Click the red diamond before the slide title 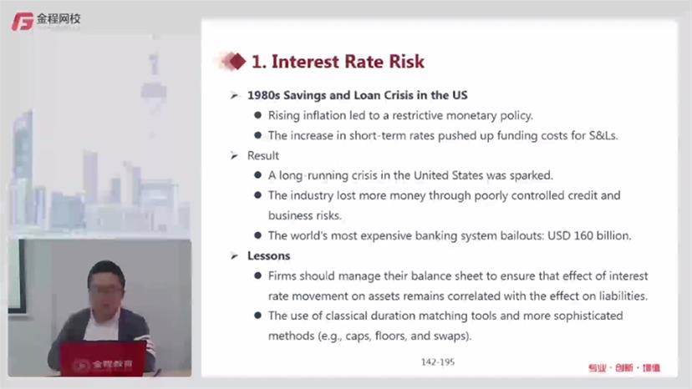click(x=237, y=61)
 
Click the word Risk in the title click(x=406, y=61)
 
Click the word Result click(x=263, y=156)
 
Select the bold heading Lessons click(x=269, y=255)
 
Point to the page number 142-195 click(x=438, y=362)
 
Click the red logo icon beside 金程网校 click(x=23, y=21)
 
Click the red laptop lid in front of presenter click(x=104, y=359)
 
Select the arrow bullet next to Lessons click(x=234, y=255)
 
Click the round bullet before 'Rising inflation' click(x=257, y=115)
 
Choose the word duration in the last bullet click(x=392, y=316)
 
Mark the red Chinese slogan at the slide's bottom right click(x=624, y=368)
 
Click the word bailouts click(x=522, y=235)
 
